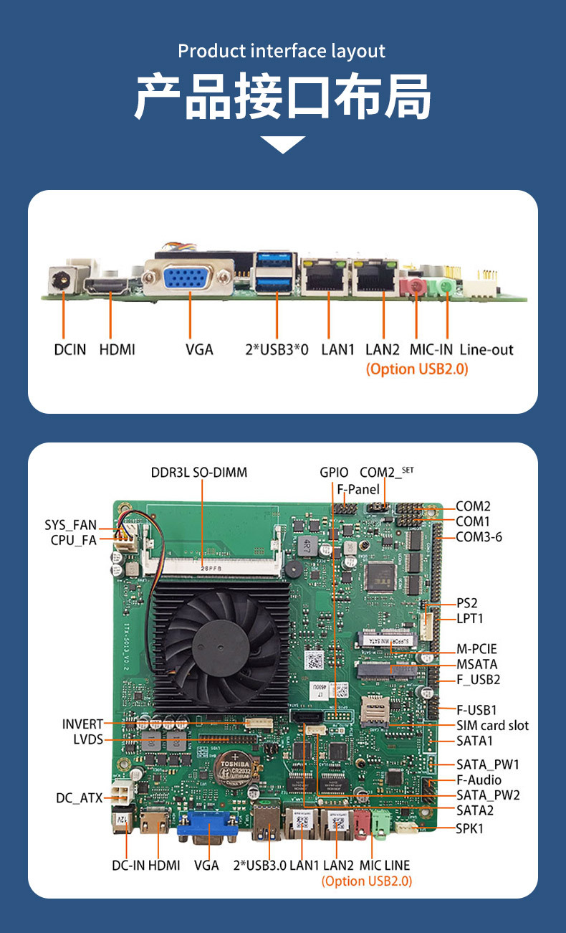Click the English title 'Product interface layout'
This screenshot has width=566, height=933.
[282, 52]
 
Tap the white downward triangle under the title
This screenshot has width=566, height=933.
[283, 144]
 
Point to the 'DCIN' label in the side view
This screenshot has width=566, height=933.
[70, 350]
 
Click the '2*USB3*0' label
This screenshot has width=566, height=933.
[276, 350]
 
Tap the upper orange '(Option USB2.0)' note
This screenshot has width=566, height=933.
[416, 369]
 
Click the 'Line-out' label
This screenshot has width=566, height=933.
[486, 350]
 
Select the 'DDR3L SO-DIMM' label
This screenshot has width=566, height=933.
[198, 473]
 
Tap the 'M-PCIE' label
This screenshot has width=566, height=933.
[476, 649]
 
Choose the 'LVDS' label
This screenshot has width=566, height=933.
[88, 739]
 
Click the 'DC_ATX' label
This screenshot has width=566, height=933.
[80, 797]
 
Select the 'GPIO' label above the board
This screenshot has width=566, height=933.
[334, 473]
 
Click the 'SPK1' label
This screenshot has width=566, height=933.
[470, 828]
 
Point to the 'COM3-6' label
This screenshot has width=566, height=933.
[479, 536]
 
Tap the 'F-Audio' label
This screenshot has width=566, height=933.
[479, 780]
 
